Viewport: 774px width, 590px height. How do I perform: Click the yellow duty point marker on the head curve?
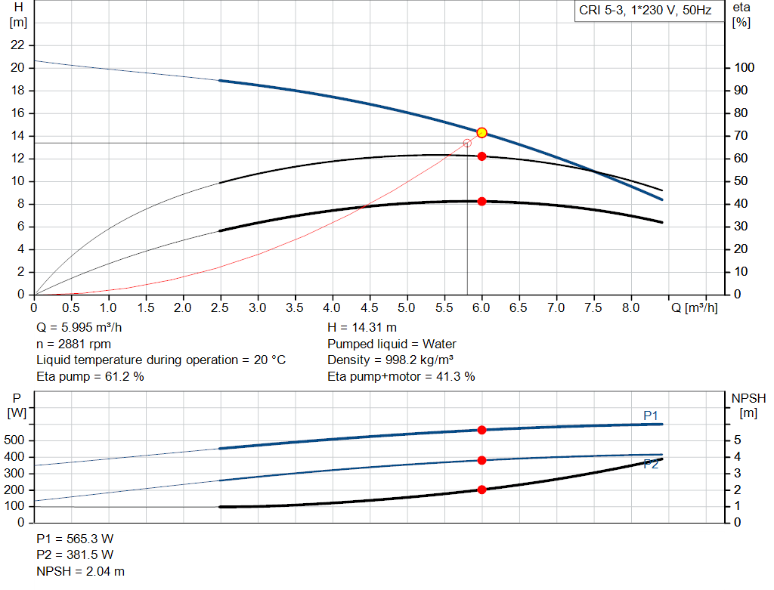[x=481, y=133]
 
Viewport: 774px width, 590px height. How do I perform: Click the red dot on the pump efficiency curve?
[x=481, y=156]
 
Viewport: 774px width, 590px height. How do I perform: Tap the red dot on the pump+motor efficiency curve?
[x=481, y=202]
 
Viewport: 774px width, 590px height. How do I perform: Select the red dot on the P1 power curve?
[x=481, y=430]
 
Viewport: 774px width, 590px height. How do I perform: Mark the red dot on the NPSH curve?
[x=481, y=490]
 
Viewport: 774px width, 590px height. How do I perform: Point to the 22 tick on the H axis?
[x=18, y=45]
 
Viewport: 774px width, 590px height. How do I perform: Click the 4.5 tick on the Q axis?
[x=370, y=308]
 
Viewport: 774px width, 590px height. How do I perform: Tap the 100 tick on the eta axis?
[x=744, y=68]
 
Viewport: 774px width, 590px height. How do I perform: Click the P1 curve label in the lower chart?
[x=651, y=415]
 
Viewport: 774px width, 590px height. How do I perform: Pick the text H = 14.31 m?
[x=362, y=328]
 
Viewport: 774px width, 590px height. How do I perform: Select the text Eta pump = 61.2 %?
[x=90, y=376]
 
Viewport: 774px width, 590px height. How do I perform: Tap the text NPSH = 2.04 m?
[x=81, y=572]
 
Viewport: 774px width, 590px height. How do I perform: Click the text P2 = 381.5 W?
[x=75, y=555]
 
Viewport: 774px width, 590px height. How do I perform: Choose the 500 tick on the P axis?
[x=18, y=440]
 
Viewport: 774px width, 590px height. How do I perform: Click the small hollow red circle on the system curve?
[x=467, y=143]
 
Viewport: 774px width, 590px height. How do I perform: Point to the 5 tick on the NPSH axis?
[x=737, y=440]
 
